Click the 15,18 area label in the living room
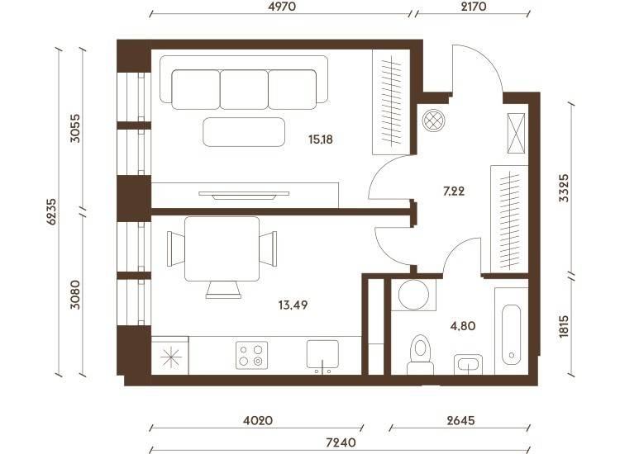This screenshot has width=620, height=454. [x=321, y=140]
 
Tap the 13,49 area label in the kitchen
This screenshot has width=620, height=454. [x=293, y=305]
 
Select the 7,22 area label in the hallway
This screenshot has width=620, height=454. [x=454, y=192]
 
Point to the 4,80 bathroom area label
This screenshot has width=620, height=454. [x=463, y=326]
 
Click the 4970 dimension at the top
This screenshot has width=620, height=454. [x=282, y=7]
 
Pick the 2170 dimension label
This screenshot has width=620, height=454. [x=474, y=7]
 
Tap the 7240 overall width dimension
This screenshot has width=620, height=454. [x=341, y=442]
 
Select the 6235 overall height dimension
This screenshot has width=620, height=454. [x=52, y=211]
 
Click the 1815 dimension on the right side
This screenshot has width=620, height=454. [x=564, y=326]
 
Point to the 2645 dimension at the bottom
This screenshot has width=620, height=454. [x=461, y=420]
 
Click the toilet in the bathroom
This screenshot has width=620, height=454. [x=420, y=354]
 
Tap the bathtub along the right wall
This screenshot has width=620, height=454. [x=511, y=335]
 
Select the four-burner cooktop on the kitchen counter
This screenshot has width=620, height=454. [x=251, y=355]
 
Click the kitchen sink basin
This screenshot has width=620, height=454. [x=322, y=354]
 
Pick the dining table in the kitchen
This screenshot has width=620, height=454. [x=222, y=248]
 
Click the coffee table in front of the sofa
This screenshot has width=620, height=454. [x=244, y=132]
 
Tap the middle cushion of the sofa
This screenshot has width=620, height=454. [x=244, y=90]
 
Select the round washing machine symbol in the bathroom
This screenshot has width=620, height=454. [x=413, y=295]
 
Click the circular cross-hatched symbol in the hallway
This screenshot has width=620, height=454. [x=433, y=120]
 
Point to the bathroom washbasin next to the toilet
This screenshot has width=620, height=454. [x=468, y=364]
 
